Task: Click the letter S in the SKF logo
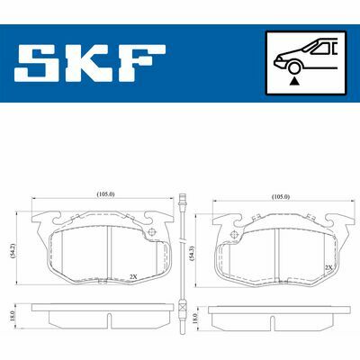point(40,63)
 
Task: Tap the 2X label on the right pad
point(328,268)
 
